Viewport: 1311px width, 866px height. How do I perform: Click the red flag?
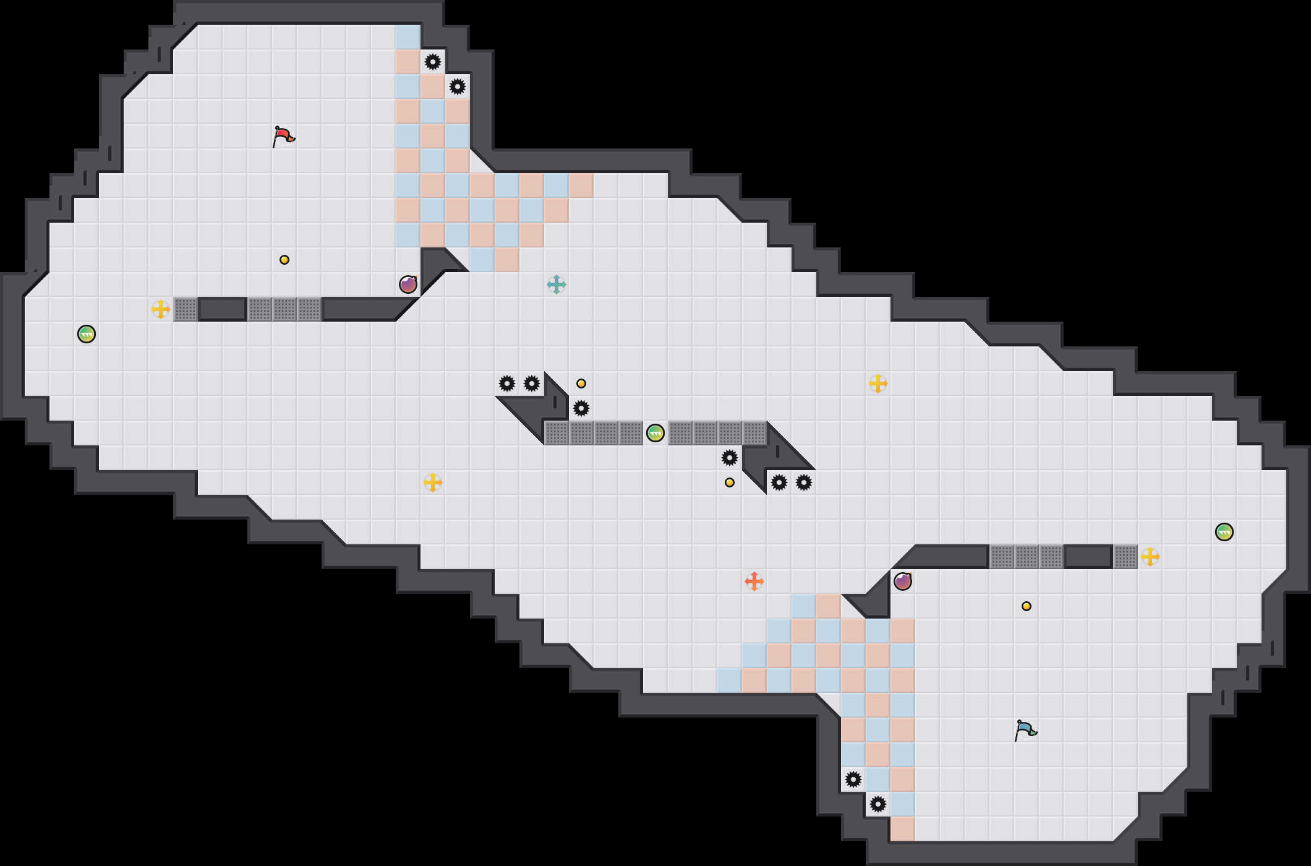click(x=283, y=136)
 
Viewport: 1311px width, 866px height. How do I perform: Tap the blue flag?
click(x=1025, y=730)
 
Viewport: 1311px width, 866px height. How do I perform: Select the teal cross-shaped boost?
click(x=557, y=285)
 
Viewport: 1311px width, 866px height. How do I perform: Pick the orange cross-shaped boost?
click(x=754, y=581)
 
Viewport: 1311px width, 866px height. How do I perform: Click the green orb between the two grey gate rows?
click(x=655, y=433)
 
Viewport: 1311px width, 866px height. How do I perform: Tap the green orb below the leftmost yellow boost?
click(x=87, y=334)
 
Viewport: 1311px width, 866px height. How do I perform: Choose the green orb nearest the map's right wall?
click(x=1224, y=532)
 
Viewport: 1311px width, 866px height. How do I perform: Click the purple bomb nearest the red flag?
click(x=408, y=285)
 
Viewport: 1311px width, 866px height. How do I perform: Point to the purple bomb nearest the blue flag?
click(x=903, y=581)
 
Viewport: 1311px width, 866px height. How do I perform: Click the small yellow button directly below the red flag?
click(x=284, y=260)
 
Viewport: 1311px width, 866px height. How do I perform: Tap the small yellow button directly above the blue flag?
click(x=1027, y=606)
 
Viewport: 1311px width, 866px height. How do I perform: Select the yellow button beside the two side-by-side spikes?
click(x=581, y=384)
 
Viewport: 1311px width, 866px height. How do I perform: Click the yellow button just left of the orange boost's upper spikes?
click(x=730, y=482)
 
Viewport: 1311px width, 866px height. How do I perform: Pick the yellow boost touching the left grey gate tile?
click(x=161, y=309)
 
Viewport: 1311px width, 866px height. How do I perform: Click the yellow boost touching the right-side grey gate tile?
click(x=1150, y=557)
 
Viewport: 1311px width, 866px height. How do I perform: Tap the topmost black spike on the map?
click(x=433, y=62)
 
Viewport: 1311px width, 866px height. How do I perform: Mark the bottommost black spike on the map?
click(x=878, y=804)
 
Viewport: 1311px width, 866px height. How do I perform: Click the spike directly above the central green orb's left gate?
click(x=581, y=408)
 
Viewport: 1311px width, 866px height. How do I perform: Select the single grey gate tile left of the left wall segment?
click(x=186, y=309)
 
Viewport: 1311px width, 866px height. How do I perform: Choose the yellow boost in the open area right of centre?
click(x=878, y=384)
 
